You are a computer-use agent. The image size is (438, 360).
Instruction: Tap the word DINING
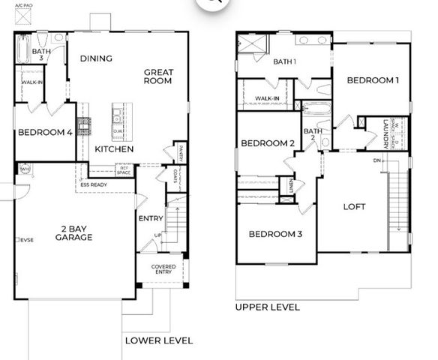pyautogui.click(x=96, y=58)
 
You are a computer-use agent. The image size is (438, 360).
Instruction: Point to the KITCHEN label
pyautogui.click(x=114, y=149)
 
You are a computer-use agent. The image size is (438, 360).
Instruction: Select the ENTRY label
pyautogui.click(x=151, y=219)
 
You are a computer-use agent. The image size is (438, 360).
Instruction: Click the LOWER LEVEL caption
pyautogui.click(x=158, y=340)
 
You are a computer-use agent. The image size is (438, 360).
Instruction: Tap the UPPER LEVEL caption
pyautogui.click(x=267, y=307)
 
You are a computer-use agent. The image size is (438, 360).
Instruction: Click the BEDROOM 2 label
pyautogui.click(x=265, y=143)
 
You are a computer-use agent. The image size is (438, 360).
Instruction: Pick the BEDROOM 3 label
pyautogui.click(x=275, y=235)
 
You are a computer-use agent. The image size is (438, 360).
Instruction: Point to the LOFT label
pyautogui.click(x=355, y=207)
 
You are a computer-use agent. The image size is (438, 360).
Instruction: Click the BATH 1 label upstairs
pyautogui.click(x=285, y=61)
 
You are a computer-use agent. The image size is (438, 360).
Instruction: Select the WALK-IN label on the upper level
pyautogui.click(x=267, y=98)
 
